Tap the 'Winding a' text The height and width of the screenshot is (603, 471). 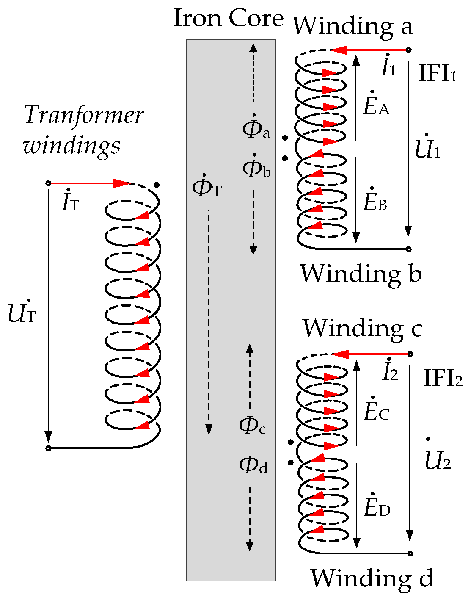353,26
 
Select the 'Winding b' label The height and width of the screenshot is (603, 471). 361,274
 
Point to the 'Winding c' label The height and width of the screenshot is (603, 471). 362,329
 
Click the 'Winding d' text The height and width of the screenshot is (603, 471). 372,578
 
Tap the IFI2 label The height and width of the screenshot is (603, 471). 443,378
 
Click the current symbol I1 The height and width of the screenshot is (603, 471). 388,67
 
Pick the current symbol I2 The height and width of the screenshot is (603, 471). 390,371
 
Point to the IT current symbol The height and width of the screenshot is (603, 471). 70,202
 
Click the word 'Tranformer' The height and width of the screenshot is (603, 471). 84,116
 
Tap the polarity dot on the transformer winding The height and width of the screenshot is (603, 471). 157,185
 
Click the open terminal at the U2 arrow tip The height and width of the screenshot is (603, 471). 410,553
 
